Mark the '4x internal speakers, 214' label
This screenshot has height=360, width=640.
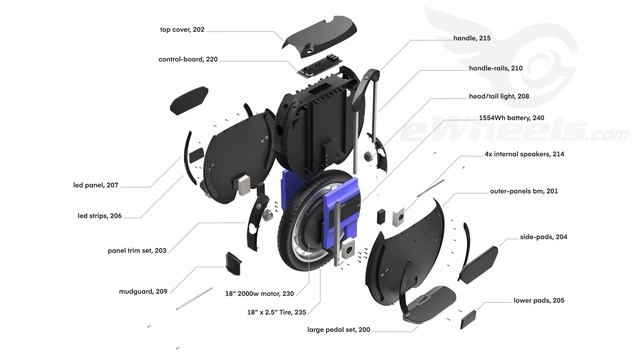(524, 155)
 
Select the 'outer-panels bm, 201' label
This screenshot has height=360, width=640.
(524, 190)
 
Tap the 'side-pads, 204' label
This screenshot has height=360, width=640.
(544, 237)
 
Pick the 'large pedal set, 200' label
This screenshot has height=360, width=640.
(366, 329)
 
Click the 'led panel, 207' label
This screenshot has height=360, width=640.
(97, 185)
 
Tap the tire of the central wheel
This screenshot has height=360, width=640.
(290, 250)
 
